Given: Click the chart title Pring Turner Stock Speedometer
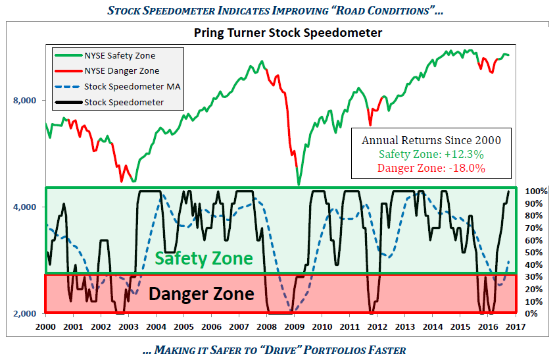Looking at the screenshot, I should (288, 32).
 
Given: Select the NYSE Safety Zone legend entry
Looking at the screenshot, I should (120, 56).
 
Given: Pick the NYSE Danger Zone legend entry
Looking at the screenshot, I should (122, 71).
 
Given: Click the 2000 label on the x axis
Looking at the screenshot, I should (45, 326).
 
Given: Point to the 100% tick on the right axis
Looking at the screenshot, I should (534, 192).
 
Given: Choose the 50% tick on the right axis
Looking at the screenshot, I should (532, 253).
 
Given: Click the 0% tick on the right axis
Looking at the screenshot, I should (530, 314).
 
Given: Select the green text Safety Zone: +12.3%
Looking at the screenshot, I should (431, 154).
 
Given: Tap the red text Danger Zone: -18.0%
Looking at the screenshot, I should (431, 168).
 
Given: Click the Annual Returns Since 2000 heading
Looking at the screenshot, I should (431, 140).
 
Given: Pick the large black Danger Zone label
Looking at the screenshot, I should (201, 294).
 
